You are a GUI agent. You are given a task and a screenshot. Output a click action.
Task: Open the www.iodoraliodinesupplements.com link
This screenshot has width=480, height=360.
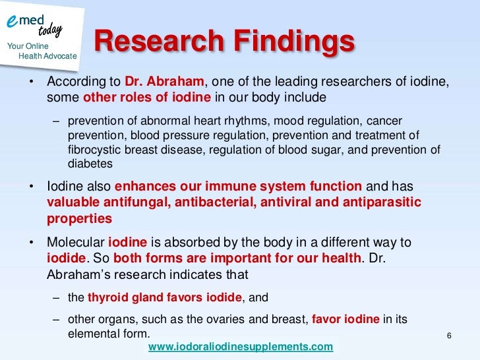(x=241, y=347)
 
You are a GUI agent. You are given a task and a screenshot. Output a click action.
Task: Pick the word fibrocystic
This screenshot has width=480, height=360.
(x=96, y=150)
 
